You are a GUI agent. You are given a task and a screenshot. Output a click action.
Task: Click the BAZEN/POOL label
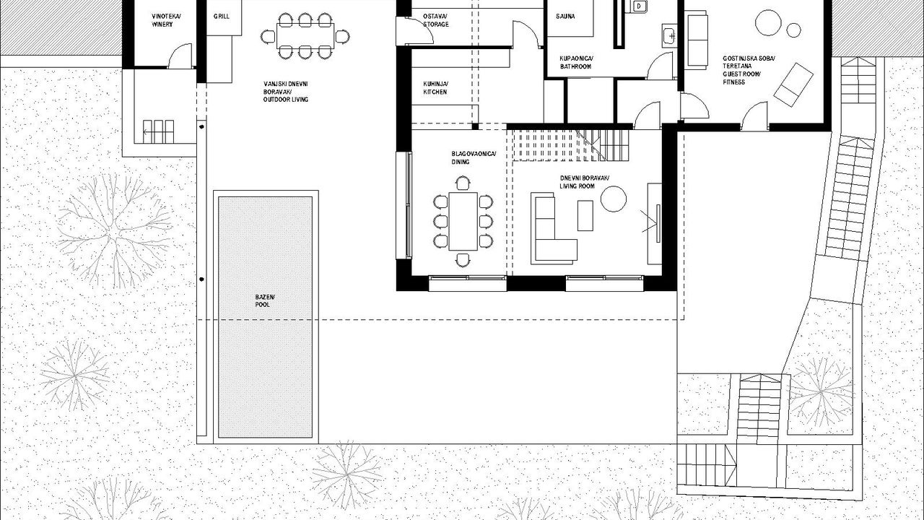265,301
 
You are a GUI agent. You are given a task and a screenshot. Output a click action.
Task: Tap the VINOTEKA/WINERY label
166,20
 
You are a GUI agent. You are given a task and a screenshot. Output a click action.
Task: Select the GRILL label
222,17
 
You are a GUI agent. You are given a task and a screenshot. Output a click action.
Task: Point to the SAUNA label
565,17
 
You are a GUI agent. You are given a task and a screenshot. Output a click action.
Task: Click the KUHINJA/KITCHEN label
435,88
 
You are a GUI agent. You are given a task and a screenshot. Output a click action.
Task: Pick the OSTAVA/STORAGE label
435,20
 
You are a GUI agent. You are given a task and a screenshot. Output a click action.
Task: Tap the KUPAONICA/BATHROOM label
576,62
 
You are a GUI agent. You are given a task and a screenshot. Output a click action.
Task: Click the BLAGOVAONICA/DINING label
474,157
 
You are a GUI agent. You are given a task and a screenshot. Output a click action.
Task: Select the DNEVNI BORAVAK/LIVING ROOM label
585,182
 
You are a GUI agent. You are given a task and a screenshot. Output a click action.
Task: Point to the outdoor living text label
286,92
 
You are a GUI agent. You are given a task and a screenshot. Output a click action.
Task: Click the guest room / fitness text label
749,70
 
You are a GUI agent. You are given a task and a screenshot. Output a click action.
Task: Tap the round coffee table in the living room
614,199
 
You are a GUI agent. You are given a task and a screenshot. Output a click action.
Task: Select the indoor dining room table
463,221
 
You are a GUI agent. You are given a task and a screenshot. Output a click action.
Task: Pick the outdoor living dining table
305,36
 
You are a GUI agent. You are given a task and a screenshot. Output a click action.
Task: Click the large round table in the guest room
768,22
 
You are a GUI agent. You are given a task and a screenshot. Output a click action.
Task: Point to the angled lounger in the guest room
793,84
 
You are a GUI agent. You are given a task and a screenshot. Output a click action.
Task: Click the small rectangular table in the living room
585,215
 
